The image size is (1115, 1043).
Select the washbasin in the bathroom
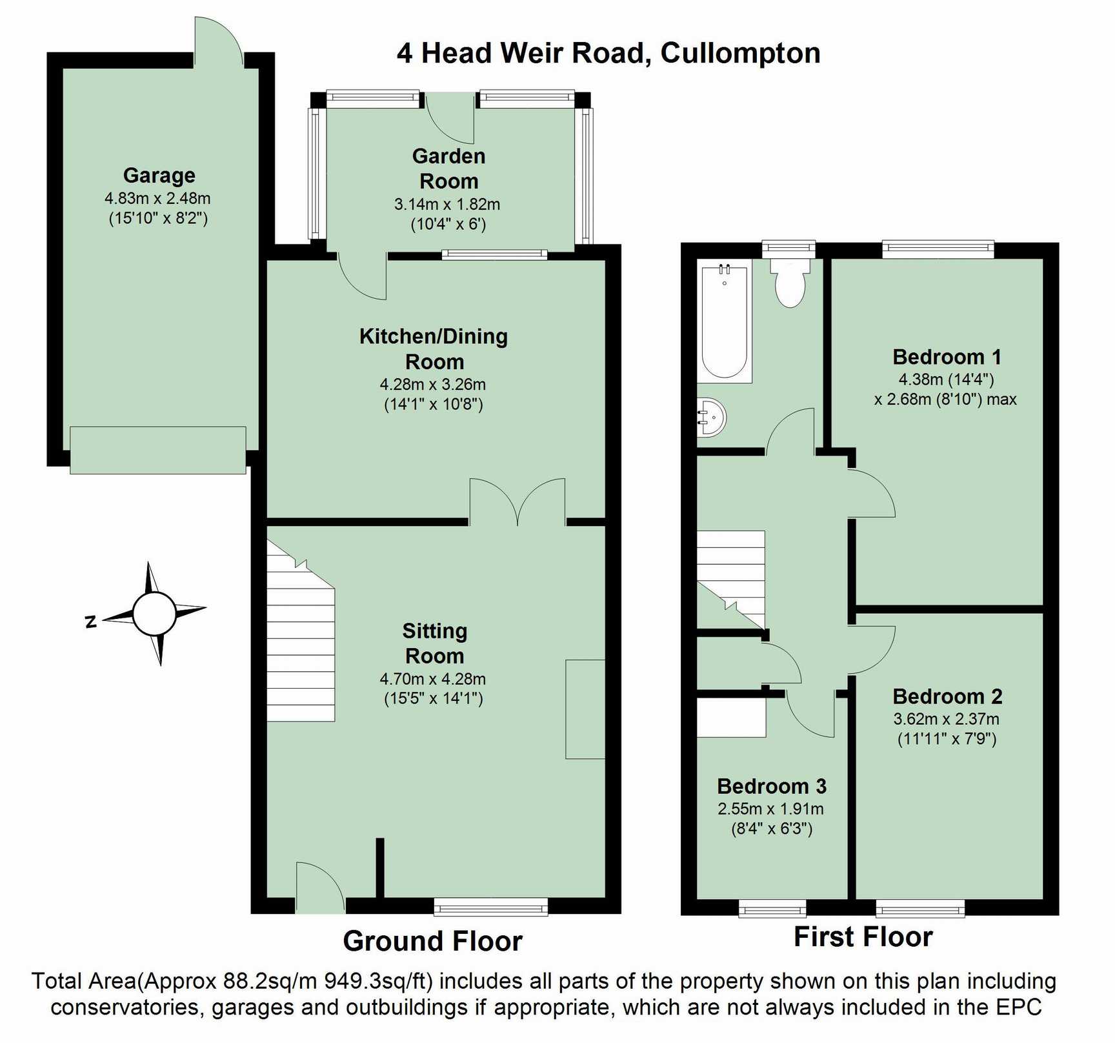pyautogui.click(x=711, y=418)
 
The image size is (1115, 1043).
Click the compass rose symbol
pyautogui.click(x=154, y=613)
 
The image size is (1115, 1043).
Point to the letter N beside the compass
pyautogui.click(x=90, y=622)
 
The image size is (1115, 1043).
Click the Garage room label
pyautogui.click(x=159, y=175)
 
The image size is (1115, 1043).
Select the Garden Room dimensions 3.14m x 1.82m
pyautogui.click(x=447, y=205)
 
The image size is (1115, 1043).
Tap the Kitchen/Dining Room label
pyautogui.click(x=434, y=349)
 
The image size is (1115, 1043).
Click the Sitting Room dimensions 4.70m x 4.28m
pyautogui.click(x=433, y=679)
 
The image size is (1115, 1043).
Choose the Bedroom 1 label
pyautogui.click(x=947, y=357)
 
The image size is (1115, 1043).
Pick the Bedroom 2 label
pyautogui.click(x=947, y=696)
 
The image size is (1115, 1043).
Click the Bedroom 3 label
pyautogui.click(x=772, y=786)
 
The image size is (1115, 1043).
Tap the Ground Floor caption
pyautogui.click(x=432, y=941)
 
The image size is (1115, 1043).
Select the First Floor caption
pyautogui.click(x=863, y=937)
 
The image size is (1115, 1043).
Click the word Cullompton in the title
pyautogui.click(x=741, y=53)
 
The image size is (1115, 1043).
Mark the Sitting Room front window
pyautogui.click(x=491, y=907)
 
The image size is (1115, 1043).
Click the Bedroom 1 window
pyautogui.click(x=938, y=249)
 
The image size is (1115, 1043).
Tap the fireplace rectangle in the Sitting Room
pyautogui.click(x=585, y=709)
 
